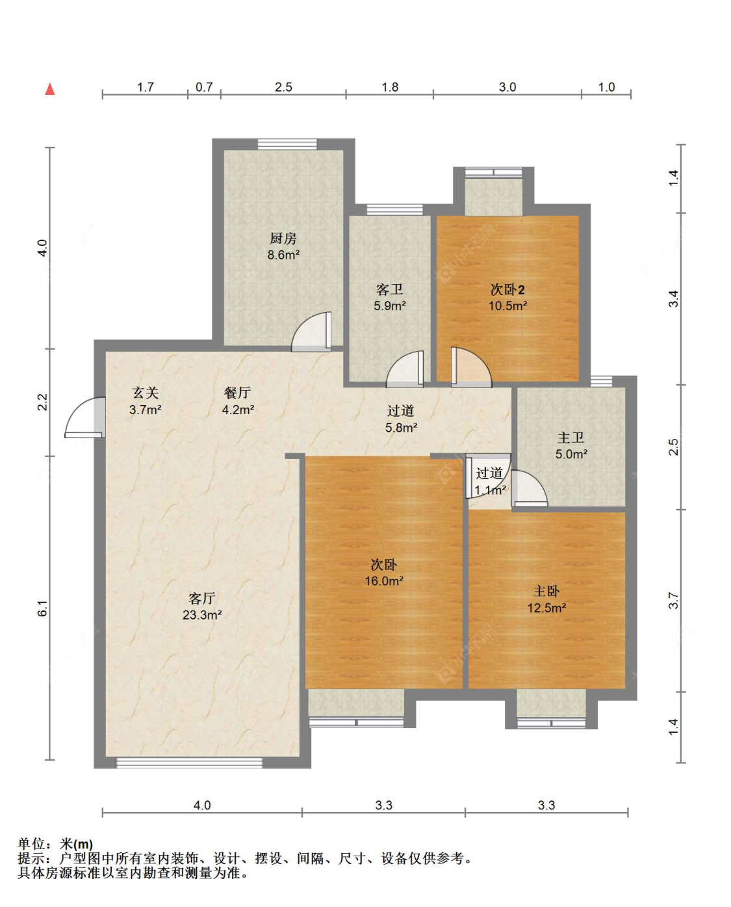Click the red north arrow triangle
click(50, 89)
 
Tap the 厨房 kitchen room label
click(283, 239)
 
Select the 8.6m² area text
click(283, 255)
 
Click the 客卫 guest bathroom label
click(390, 289)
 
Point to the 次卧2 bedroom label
click(507, 289)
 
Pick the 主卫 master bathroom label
click(571, 438)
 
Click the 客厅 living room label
click(202, 598)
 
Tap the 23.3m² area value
click(202, 615)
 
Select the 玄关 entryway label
click(146, 393)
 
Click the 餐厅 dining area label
click(238, 393)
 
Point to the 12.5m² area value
click(546, 608)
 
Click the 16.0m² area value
click(384, 581)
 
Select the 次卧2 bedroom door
click(471, 367)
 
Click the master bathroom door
click(530, 488)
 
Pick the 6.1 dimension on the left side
click(42, 609)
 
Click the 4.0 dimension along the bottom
click(202, 805)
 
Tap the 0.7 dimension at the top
click(204, 87)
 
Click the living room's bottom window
click(189, 763)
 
